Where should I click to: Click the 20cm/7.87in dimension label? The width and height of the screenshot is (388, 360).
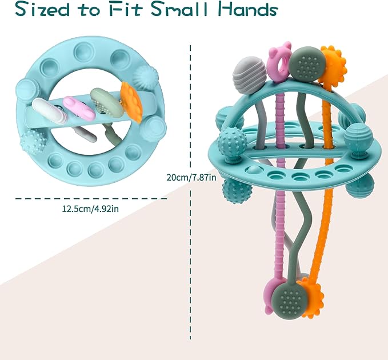click(191, 177)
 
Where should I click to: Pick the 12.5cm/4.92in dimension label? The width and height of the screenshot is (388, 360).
click(90, 209)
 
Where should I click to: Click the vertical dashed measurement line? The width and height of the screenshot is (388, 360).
click(190, 193)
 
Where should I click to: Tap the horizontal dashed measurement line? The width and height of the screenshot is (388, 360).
click(91, 198)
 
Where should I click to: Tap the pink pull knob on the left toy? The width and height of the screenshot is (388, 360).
click(79, 108)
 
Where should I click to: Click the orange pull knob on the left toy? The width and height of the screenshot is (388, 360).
click(132, 102)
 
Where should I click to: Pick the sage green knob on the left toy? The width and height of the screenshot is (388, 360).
click(107, 102)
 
